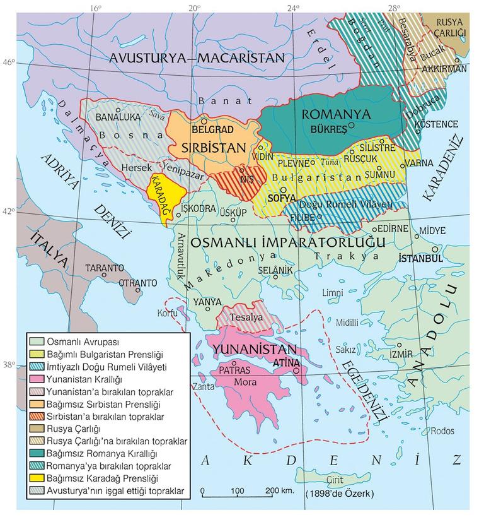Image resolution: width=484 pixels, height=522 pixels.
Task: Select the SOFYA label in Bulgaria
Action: coord(280,198)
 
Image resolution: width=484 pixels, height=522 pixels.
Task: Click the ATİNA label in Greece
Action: coord(286,364)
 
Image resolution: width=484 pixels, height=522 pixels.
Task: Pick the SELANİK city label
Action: coord(276,270)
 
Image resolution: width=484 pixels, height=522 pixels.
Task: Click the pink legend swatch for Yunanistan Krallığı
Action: coord(37,379)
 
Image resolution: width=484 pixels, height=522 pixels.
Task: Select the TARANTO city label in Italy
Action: coord(105,268)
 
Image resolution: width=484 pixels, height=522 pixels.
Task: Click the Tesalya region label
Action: coord(246,317)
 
